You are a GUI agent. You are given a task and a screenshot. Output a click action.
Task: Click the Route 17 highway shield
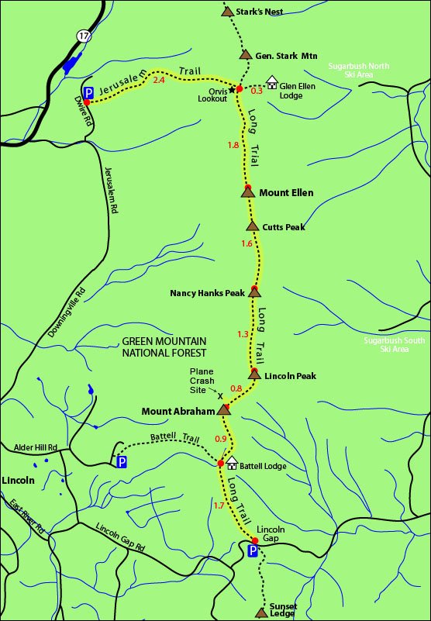point(82,35)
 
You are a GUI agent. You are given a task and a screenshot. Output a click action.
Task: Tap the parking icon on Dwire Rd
point(88,92)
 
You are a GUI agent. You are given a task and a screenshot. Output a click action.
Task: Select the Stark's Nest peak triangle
point(227,12)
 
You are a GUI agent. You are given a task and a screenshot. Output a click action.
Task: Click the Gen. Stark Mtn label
point(286,55)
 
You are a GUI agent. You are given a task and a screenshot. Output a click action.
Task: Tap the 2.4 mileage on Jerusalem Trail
point(159,80)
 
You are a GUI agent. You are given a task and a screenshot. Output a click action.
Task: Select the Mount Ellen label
point(286,192)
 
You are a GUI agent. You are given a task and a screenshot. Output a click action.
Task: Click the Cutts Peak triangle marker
point(252,226)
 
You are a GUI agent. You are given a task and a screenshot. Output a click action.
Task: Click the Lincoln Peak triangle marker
point(254,375)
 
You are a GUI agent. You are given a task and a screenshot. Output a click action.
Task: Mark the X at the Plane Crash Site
point(220,394)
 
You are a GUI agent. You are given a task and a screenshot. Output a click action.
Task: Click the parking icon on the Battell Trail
point(122,462)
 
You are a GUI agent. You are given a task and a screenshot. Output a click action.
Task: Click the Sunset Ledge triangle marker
point(260,612)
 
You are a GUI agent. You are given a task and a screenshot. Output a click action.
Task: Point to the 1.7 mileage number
point(219,505)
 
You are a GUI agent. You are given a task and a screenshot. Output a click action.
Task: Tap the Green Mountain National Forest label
point(164,347)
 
